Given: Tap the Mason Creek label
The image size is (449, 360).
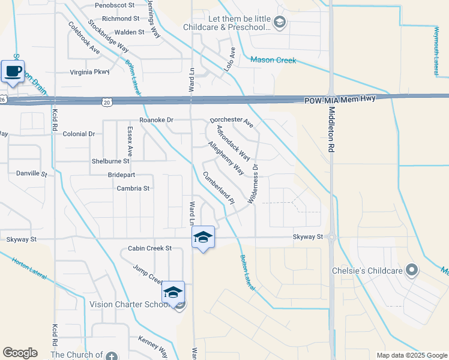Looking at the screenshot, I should click(274, 59).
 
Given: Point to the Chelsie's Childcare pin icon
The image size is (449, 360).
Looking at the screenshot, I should click(412, 270).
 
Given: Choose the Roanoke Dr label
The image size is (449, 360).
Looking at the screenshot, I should click(156, 120).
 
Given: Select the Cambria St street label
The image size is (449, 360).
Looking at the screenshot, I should click(133, 188).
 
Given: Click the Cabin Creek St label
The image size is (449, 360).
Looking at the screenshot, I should click(150, 248).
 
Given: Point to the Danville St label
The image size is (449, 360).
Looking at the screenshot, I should click(31, 173).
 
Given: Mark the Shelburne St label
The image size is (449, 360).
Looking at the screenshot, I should click(110, 161).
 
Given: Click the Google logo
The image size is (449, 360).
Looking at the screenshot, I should click(20, 353).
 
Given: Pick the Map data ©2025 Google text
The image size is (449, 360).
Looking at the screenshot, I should click(411, 355).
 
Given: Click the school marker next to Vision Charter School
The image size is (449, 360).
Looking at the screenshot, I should click(173, 292).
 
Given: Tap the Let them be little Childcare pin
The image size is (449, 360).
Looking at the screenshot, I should click(279, 23).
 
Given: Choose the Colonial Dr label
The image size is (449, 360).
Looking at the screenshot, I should click(79, 134).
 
